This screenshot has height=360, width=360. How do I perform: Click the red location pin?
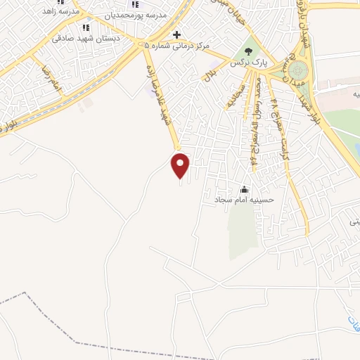181,165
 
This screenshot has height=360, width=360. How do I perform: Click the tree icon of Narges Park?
247,51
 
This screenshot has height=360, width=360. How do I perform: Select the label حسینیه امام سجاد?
243,200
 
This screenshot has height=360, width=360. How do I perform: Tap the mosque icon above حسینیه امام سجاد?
245,188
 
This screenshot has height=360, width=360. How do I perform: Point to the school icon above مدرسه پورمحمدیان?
135,4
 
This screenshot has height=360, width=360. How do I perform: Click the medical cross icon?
176,34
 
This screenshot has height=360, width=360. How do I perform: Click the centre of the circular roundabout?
298,70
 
